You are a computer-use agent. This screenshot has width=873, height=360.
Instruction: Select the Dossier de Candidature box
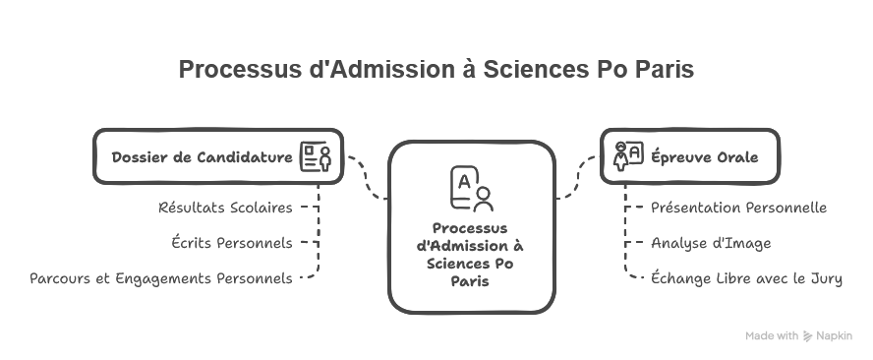point(218,156)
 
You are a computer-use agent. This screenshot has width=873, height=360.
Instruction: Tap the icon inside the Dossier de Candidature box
point(315,156)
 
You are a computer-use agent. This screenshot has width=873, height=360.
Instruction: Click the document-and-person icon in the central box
point(470,190)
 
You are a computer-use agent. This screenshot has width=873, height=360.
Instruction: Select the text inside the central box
point(471,254)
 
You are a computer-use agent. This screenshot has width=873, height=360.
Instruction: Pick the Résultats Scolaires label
point(225,208)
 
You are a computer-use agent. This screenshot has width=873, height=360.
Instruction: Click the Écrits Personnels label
point(232,242)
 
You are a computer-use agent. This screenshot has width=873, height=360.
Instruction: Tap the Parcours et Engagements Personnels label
point(161,278)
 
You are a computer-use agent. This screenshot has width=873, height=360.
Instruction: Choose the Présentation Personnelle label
point(739,208)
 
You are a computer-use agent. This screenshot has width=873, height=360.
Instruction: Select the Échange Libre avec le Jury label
point(747,278)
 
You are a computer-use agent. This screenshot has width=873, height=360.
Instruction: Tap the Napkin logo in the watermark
point(808,336)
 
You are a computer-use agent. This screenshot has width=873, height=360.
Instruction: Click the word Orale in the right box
point(738,157)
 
